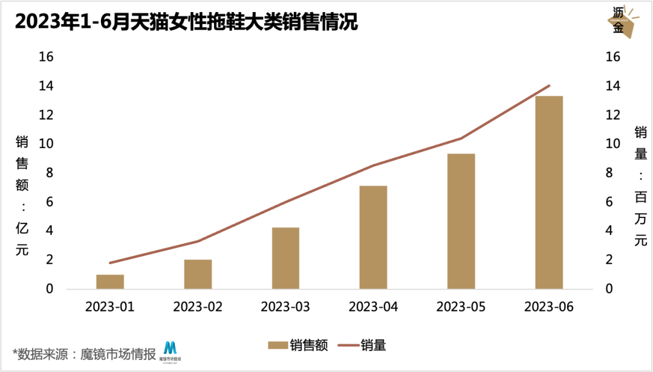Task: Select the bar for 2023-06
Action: tap(548, 192)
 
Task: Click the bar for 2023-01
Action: tap(110, 281)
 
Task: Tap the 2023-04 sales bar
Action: tap(373, 237)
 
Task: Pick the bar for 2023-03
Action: tap(285, 258)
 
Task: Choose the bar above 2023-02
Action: tap(198, 274)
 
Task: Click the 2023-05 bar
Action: tap(461, 221)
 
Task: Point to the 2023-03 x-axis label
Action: tap(285, 307)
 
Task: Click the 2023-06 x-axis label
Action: tap(548, 307)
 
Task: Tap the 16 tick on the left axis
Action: tap(47, 57)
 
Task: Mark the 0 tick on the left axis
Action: tap(50, 289)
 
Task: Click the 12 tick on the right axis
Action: tap(612, 115)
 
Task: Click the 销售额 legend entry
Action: tap(298, 345)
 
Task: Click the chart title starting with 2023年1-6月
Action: tap(186, 22)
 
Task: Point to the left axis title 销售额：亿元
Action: tap(22, 197)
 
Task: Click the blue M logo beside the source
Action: tap(171, 350)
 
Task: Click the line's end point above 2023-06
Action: tap(549, 86)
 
